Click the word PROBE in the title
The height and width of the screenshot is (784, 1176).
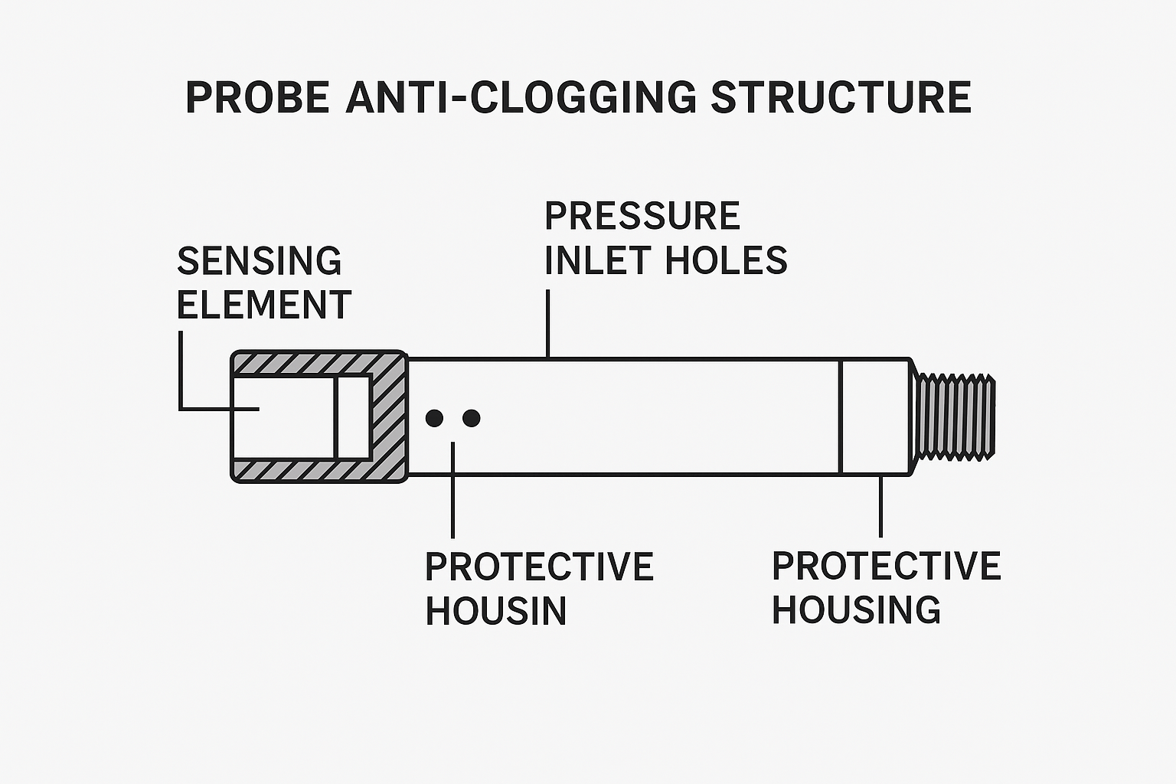[257, 97]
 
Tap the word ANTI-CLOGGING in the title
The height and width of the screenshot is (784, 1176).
[521, 97]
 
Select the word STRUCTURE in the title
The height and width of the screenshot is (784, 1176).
[841, 97]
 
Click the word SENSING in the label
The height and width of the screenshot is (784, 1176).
[259, 261]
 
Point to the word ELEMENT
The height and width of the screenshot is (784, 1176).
[263, 305]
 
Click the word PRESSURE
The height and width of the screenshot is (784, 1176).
[642, 216]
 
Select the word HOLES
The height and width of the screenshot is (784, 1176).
[726, 260]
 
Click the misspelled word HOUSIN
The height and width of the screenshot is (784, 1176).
[495, 610]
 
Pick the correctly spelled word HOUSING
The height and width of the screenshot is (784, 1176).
[856, 609]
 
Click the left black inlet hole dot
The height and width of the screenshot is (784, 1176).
[434, 418]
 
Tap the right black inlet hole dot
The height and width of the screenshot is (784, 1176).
[472, 418]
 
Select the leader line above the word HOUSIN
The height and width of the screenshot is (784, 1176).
[453, 490]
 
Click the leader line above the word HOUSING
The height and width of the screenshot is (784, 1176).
[880, 505]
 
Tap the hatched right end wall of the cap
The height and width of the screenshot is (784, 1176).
[388, 417]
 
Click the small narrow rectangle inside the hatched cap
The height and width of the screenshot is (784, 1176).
[354, 417]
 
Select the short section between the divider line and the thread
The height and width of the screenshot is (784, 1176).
[874, 417]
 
